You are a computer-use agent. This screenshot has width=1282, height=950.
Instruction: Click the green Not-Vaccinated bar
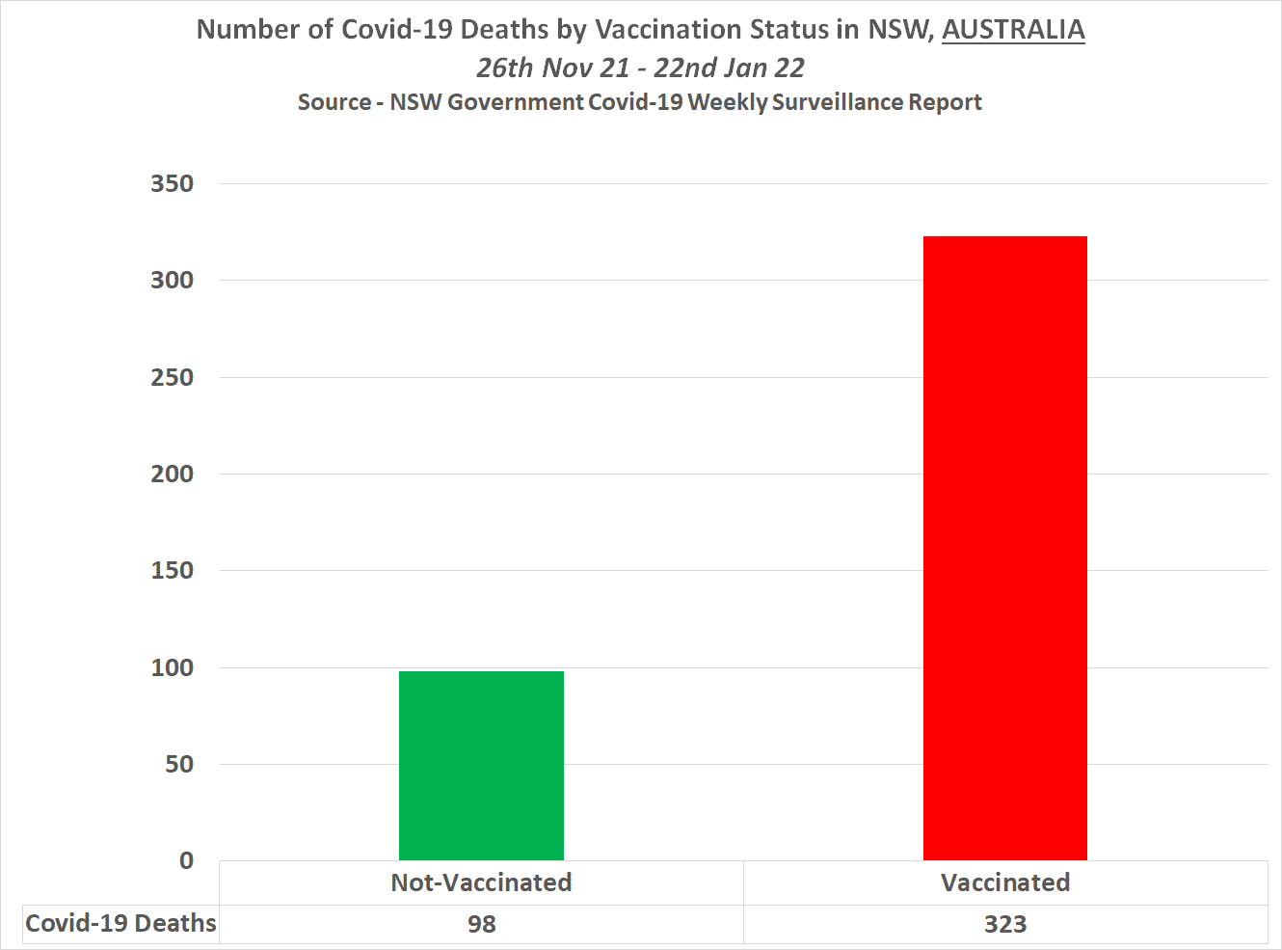click(x=481, y=765)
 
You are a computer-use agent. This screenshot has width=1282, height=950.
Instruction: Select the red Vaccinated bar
click(x=1004, y=548)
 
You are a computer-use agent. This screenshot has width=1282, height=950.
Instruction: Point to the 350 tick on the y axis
click(x=172, y=183)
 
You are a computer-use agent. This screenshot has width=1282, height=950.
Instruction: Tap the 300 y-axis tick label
click(x=172, y=280)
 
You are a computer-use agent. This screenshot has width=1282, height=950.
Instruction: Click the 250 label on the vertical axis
click(x=172, y=377)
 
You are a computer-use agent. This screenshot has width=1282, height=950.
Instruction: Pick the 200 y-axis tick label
click(x=172, y=474)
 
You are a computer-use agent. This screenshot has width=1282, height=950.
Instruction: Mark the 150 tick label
click(x=172, y=570)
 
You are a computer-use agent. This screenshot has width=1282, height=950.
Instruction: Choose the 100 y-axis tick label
click(x=172, y=667)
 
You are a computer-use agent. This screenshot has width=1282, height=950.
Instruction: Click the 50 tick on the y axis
click(x=178, y=764)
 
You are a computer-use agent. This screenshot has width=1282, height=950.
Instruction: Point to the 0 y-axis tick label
click(x=186, y=860)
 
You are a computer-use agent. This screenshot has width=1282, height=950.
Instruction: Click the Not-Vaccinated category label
click(x=481, y=882)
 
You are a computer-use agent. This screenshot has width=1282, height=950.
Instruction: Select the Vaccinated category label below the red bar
click(x=1005, y=882)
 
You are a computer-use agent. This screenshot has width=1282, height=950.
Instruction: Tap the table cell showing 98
click(x=481, y=924)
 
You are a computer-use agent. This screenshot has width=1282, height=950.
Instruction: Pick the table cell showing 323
click(x=1005, y=924)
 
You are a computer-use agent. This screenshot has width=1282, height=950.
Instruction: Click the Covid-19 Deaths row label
click(x=120, y=923)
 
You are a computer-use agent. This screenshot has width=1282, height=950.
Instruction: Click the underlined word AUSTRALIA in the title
click(x=1013, y=30)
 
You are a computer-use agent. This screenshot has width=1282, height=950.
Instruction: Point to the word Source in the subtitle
click(x=334, y=102)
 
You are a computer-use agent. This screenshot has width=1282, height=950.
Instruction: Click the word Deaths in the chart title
click(x=506, y=30)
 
